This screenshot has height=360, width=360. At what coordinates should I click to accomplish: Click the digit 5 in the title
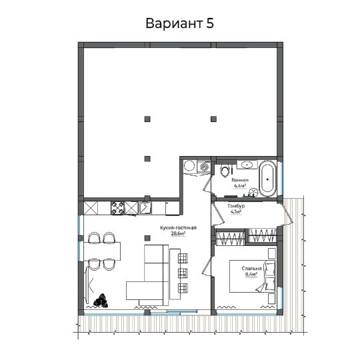pyautogui.click(x=209, y=23)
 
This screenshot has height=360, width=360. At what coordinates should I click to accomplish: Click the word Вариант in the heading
pyautogui.click(x=174, y=23)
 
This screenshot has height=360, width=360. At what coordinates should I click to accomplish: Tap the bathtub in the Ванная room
pyautogui.click(x=267, y=179)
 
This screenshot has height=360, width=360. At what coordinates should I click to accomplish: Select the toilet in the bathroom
pyautogui.click(x=225, y=170)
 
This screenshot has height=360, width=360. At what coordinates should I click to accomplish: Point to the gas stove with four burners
pyautogui.click(x=117, y=208)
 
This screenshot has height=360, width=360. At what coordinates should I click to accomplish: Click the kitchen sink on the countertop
pyautogui.click(x=145, y=208)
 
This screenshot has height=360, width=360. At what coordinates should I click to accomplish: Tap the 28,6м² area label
pyautogui.click(x=178, y=234)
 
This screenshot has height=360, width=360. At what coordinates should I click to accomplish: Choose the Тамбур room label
pyautogui.click(x=236, y=206)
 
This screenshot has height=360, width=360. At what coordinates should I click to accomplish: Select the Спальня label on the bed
pyautogui.click(x=251, y=269)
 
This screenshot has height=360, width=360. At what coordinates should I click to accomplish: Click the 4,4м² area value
pyautogui.click(x=240, y=186)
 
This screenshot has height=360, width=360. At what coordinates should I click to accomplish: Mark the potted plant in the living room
pyautogui.click(x=101, y=301)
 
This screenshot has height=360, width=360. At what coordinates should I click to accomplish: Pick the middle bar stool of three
pyautogui.click(x=183, y=273)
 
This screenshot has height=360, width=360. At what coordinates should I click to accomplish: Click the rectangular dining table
pyautogui.click(x=102, y=251)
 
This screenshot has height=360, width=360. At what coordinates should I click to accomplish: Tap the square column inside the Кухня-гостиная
pyautogui.click(x=147, y=238)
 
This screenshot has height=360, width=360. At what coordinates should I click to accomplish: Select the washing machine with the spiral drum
pyautogui.click(x=203, y=166)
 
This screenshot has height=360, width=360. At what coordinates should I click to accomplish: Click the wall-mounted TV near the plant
pyautogui.click(x=87, y=285)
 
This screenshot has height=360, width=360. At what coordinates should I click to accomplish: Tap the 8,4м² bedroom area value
pyautogui.click(x=251, y=274)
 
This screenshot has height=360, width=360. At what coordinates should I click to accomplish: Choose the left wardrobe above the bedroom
pyautogui.click(x=231, y=237)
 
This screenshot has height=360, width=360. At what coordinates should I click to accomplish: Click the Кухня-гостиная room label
pyautogui.click(x=179, y=228)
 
